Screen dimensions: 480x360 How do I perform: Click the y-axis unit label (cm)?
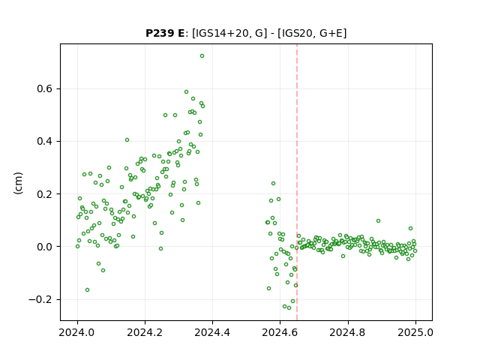point(18,183)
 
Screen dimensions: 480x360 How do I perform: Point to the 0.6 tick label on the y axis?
point(45,88)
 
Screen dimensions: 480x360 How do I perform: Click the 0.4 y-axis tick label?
point(45,142)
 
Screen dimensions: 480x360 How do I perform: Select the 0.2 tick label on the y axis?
point(45,194)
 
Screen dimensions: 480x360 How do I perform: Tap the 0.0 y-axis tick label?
point(45,247)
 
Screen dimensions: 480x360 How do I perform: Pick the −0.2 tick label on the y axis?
point(40,299)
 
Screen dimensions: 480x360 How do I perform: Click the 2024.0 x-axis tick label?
point(77,332)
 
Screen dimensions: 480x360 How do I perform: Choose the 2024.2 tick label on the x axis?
point(145,332)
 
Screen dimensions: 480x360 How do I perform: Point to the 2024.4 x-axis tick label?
point(212,332)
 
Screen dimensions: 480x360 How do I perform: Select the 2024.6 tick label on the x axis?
point(280,332)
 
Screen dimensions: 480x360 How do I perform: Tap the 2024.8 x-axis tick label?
point(347,332)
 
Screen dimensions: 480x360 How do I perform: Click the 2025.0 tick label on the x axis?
point(415,332)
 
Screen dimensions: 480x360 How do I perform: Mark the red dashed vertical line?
point(297,182)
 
